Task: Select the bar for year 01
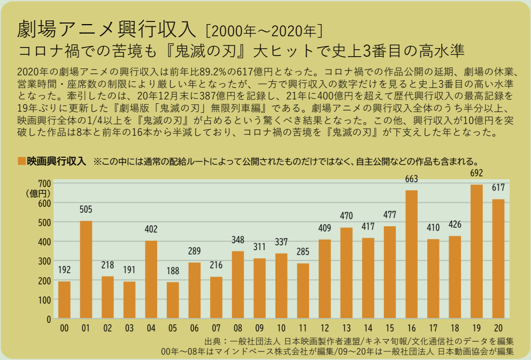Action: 86,270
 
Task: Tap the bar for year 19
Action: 476,251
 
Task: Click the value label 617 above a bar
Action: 498,188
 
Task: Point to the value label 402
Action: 151,229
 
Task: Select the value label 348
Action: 238,240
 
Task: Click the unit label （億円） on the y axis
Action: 39,193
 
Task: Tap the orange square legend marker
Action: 21,160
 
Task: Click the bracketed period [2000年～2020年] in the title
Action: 263,28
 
